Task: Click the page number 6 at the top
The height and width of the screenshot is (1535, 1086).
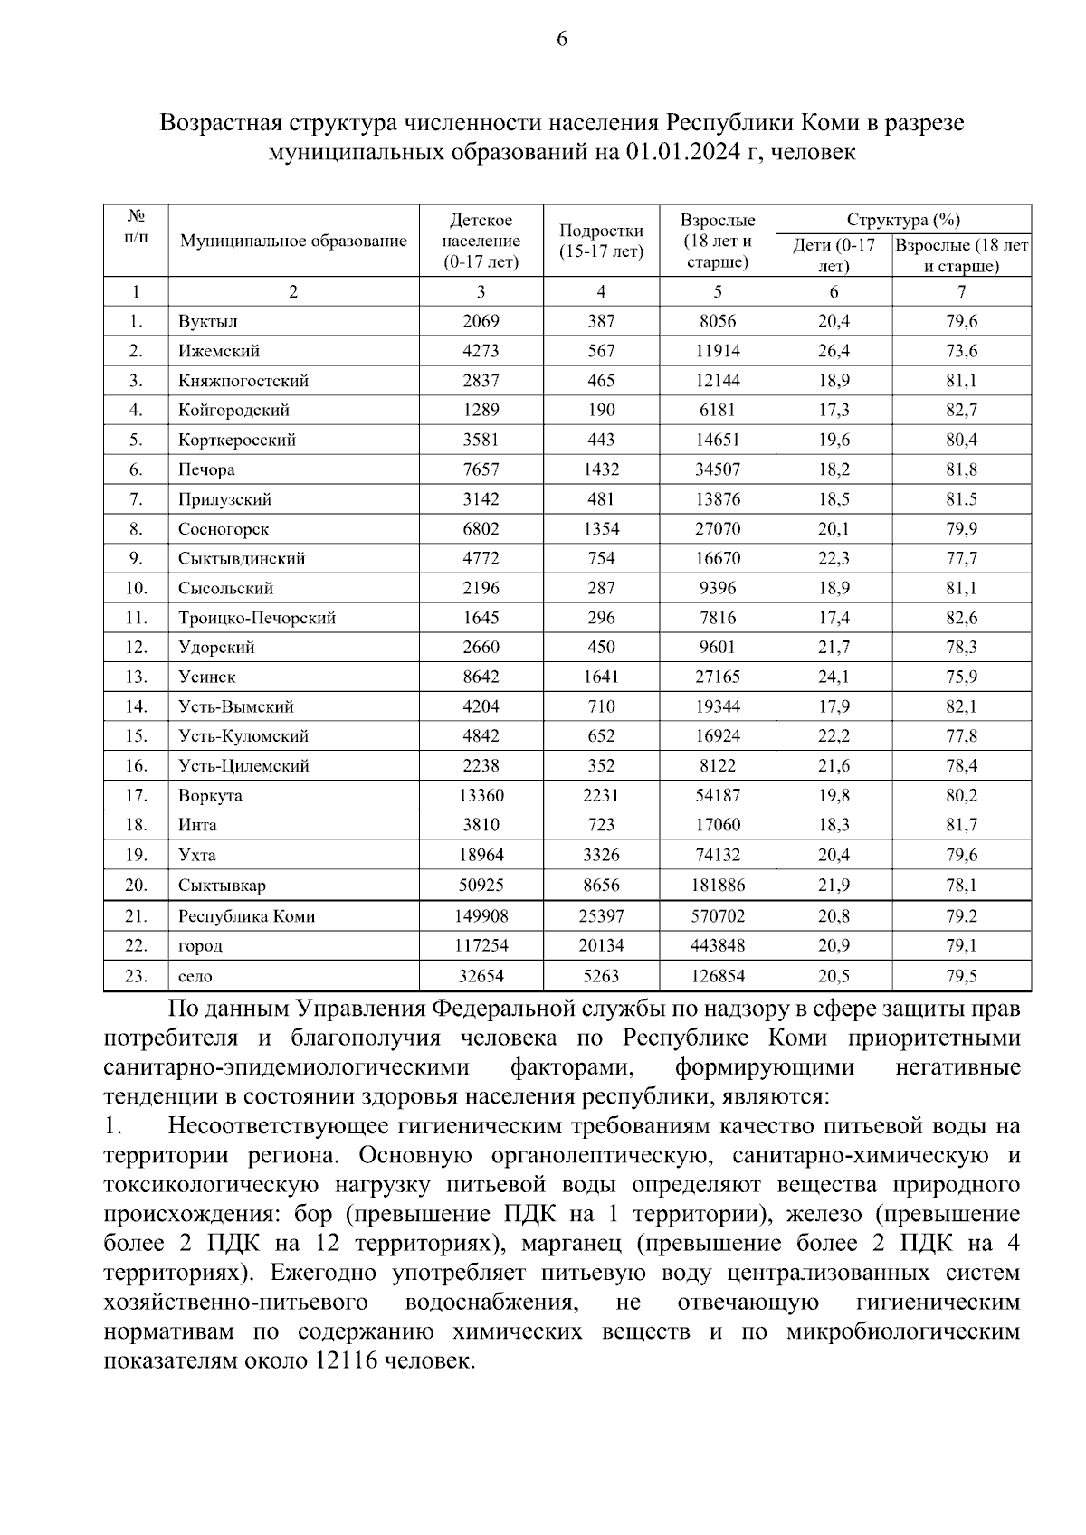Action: (562, 39)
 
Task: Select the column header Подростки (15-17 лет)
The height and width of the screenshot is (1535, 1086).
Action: (601, 241)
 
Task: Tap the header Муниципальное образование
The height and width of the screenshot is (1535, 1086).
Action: (293, 241)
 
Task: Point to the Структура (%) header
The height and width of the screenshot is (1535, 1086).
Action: (903, 220)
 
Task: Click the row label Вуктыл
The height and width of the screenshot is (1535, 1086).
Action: (208, 321)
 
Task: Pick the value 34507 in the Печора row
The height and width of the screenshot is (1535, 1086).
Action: (718, 469)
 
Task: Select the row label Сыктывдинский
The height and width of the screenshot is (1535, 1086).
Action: (242, 558)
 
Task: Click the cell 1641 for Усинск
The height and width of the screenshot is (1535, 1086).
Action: (601, 677)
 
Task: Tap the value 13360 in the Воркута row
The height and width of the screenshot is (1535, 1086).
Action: (481, 795)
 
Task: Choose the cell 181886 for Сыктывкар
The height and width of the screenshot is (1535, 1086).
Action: (718, 885)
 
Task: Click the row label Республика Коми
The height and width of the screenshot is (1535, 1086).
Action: (247, 916)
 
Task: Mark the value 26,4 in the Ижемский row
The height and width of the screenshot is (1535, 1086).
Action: (834, 351)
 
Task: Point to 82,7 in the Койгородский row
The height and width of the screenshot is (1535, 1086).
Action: (961, 410)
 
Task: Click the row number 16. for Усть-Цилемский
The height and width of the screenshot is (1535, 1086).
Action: (136, 765)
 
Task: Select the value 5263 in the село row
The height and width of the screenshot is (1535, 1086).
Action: (601, 976)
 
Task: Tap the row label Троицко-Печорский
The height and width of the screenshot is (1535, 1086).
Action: (257, 618)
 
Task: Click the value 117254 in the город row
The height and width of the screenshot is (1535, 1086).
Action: (481, 946)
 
